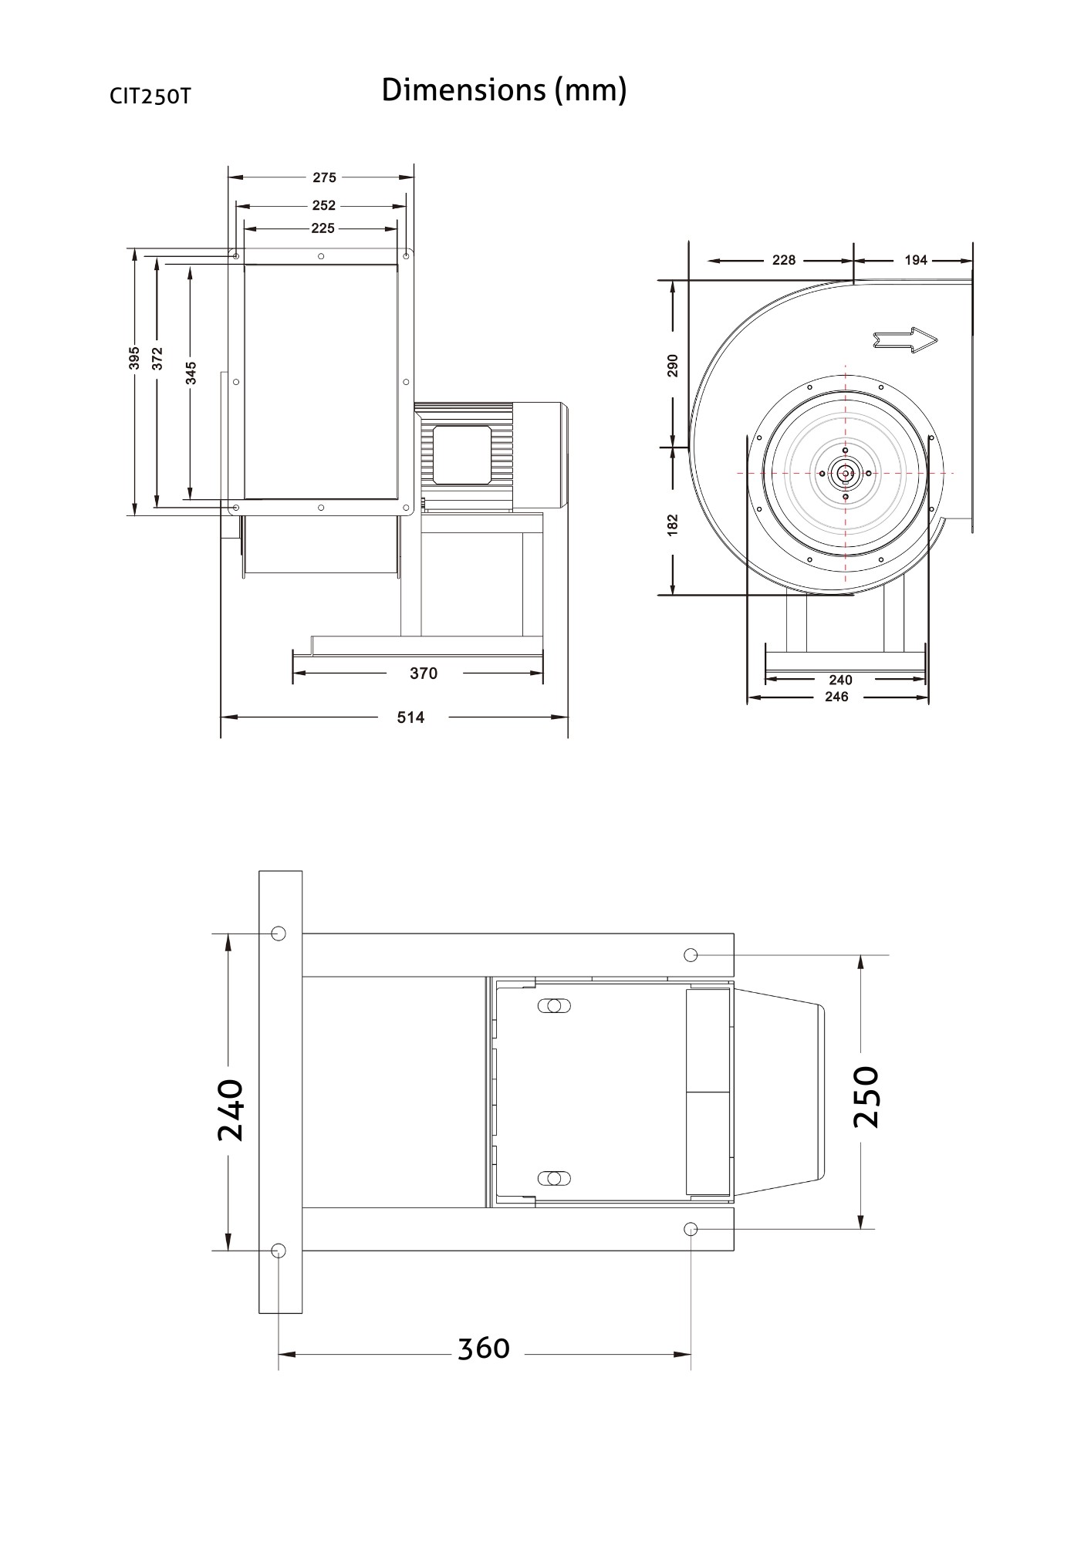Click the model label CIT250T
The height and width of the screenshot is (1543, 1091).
[150, 96]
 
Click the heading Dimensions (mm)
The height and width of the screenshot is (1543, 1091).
[504, 91]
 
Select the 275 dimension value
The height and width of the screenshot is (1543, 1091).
[324, 177]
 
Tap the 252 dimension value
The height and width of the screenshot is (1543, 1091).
[324, 206]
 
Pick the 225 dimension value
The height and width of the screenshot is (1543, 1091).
[323, 228]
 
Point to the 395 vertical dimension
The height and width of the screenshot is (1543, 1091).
[134, 358]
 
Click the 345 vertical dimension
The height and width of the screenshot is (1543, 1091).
[191, 373]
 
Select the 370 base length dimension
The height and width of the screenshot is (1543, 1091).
[423, 674]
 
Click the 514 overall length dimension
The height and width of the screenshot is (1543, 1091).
[410, 717]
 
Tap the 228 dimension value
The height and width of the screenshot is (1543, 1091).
[783, 260]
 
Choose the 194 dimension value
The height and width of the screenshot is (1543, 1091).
[915, 260]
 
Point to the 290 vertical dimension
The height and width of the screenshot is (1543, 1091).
[673, 365]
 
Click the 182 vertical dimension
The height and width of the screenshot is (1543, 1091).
[673, 525]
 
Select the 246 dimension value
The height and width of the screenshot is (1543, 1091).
[836, 697]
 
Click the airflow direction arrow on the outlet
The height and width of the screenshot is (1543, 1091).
[905, 339]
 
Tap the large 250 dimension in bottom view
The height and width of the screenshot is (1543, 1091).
[867, 1096]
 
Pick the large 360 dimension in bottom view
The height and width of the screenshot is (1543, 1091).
[484, 1349]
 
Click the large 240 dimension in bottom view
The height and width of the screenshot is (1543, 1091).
[230, 1110]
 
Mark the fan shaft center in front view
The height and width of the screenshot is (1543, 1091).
[846, 473]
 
